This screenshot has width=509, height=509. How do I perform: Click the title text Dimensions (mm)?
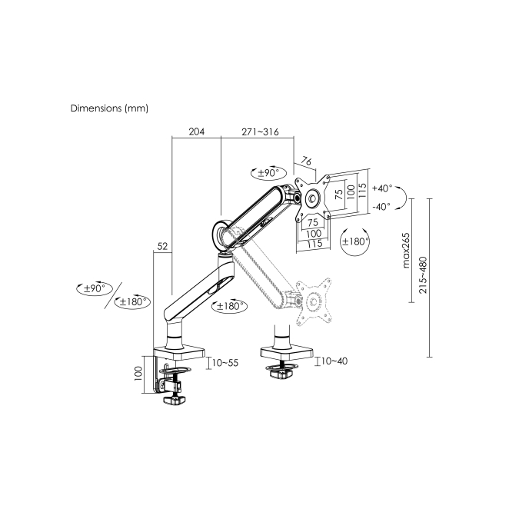109,108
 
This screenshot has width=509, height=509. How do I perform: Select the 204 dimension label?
197,131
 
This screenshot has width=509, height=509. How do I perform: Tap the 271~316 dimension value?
260,131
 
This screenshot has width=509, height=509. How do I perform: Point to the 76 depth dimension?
307,161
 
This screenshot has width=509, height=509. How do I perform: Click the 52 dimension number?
163,246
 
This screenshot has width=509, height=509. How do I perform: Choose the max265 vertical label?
406,251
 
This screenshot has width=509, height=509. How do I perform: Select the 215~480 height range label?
423,275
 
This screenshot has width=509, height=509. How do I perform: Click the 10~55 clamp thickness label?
225,363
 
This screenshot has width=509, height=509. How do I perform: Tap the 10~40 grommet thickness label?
334,361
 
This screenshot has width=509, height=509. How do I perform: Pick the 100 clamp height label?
138,374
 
